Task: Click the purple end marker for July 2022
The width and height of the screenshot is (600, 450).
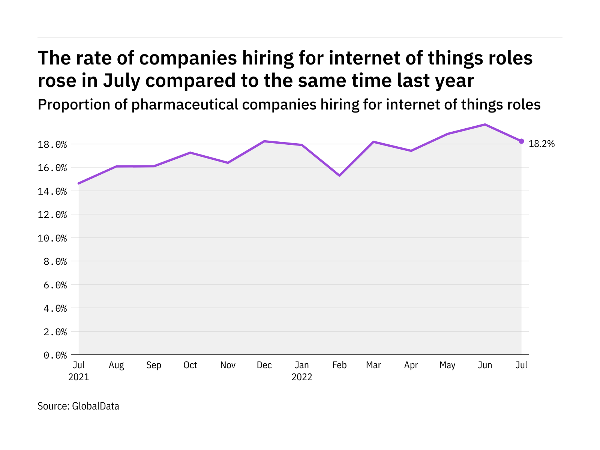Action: tap(521, 141)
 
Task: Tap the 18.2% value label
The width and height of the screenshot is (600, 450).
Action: tap(541, 144)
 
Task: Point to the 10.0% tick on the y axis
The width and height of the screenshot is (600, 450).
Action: tap(52, 238)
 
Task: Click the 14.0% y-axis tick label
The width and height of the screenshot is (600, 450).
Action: tap(52, 191)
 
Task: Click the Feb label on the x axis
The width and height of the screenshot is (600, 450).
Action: tap(339, 365)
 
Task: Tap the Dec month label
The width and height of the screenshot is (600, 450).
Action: tap(264, 365)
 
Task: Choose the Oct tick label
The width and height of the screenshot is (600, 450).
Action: tap(190, 365)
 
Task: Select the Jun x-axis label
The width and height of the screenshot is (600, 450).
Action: tap(485, 365)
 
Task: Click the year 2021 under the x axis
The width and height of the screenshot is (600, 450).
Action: tap(79, 377)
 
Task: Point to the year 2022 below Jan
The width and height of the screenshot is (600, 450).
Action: tap(302, 377)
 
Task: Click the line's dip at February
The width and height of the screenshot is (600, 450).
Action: tap(339, 175)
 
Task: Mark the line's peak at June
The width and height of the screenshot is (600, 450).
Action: tap(485, 124)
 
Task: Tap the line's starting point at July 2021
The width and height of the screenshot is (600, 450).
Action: tap(79, 183)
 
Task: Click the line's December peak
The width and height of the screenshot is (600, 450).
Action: tap(264, 141)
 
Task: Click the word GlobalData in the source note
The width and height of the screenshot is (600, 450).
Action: tap(96, 406)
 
